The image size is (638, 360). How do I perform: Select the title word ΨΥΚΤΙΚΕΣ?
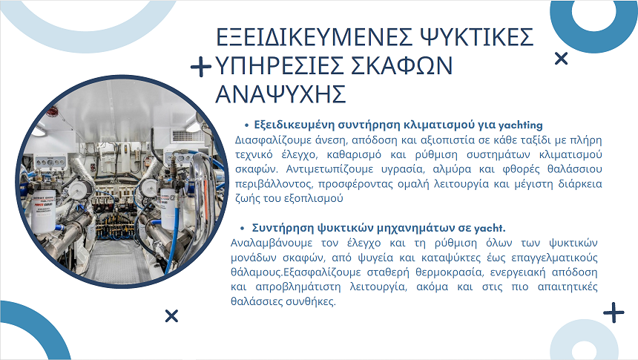click(x=477, y=37)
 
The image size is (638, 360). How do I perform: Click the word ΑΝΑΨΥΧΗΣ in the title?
click(x=280, y=94)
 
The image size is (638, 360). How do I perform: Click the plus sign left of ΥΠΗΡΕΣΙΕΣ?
click(x=200, y=67)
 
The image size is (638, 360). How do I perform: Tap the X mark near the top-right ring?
click(x=561, y=59)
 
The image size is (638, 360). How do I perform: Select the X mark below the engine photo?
click(x=171, y=315)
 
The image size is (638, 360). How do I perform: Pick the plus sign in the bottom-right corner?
click(x=614, y=312)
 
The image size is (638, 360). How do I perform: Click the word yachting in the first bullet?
click(x=520, y=125)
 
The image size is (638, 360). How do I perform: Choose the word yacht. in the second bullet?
click(x=490, y=228)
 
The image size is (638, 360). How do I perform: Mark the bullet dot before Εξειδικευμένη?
click(x=246, y=125)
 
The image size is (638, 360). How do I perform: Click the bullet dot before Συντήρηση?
click(x=242, y=229)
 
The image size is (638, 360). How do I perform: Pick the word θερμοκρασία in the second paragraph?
click(x=449, y=272)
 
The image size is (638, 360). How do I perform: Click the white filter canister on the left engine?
click(x=44, y=212)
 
